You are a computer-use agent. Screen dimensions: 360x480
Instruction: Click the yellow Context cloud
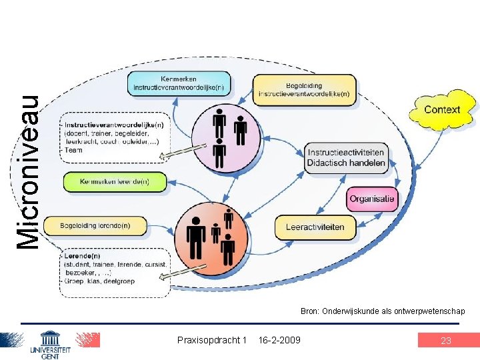pos(442,110)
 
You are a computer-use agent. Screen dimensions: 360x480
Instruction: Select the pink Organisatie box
pos(372,199)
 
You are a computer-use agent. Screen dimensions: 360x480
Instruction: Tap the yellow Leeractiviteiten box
pos(315,227)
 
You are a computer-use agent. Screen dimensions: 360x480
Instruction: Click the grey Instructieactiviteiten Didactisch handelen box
pos(346,158)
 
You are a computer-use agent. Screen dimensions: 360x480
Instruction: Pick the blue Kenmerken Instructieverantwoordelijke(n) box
pos(178,83)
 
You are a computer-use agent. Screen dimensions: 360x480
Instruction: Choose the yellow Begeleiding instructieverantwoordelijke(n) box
pos(303,90)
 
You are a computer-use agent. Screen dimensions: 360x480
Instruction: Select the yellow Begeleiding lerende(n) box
pos(95,226)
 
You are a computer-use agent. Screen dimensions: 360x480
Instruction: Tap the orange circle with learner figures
pos(213,233)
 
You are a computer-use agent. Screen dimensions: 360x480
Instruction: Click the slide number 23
pos(446,341)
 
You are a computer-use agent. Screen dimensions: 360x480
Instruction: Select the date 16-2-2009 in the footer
pos(279,341)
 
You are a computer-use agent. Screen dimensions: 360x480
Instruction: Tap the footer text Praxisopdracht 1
pos(212,341)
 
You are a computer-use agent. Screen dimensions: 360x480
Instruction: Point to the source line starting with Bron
pos(383,311)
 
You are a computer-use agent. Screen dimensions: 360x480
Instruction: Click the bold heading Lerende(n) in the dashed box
pos(83,255)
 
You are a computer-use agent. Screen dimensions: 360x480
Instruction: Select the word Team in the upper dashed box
pos(73,150)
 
